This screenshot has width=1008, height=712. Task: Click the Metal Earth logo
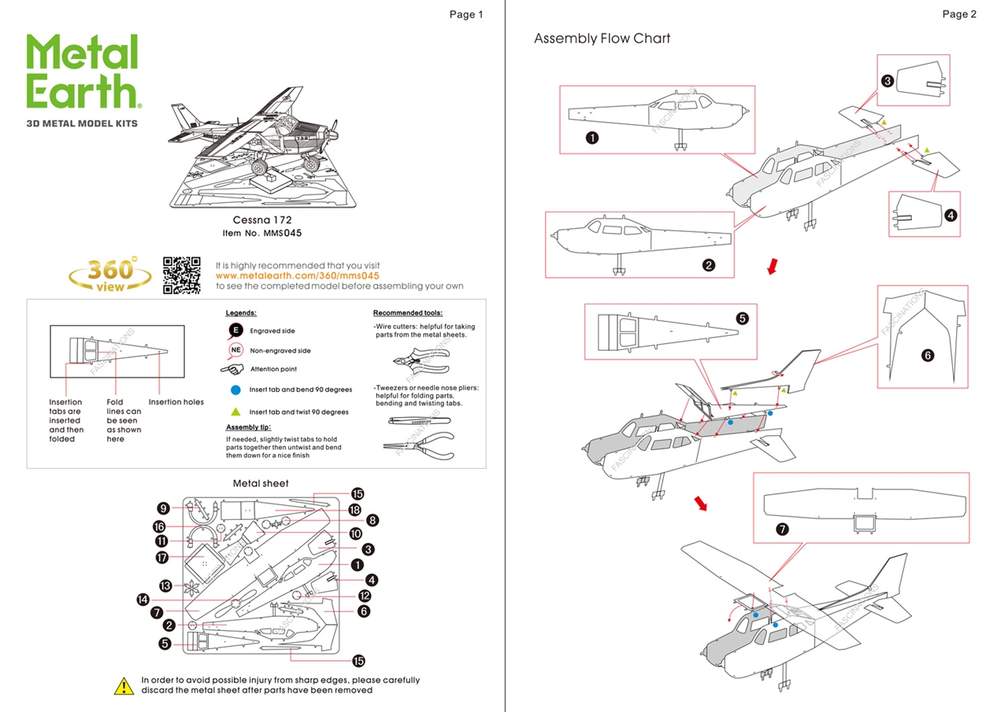[83, 72]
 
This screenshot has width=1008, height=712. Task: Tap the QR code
[182, 275]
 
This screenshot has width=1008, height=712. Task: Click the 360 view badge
[110, 274]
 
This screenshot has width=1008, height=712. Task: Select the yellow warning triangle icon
[124, 686]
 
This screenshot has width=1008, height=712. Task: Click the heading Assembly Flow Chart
[602, 39]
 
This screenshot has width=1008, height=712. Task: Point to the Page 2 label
[958, 14]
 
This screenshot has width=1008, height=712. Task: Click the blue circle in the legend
[235, 390]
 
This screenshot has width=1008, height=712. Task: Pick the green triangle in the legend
[235, 411]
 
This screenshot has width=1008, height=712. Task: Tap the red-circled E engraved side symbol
[235, 330]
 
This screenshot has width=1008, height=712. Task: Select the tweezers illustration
[417, 421]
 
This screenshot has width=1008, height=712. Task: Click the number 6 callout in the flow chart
[927, 356]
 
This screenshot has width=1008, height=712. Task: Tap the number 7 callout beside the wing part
[782, 529]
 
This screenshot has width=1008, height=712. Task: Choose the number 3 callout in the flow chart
[887, 80]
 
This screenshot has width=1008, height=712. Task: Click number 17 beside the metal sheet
[163, 558]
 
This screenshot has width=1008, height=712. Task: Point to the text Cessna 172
[262, 220]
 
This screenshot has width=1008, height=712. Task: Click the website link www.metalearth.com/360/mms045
[298, 276]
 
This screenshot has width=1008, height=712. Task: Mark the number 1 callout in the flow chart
[591, 138]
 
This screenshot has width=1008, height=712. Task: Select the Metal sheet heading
[261, 483]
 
